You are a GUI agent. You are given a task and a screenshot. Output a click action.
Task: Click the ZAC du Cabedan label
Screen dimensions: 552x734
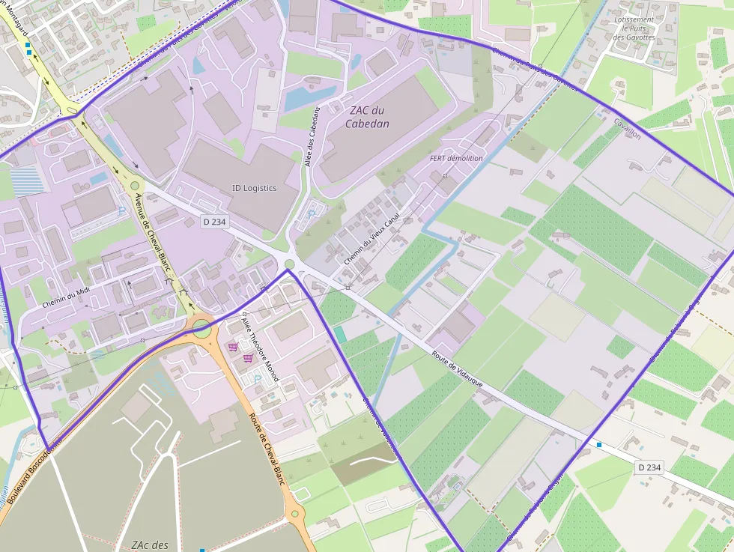pyautogui.click(x=367, y=117)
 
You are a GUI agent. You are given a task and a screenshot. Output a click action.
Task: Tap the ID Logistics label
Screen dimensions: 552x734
pyautogui.click(x=254, y=188)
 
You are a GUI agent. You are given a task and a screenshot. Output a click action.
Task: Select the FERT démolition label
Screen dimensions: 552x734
pyautogui.click(x=456, y=159)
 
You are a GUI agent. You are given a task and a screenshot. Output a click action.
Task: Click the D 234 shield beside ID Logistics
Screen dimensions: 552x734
pyautogui.click(x=214, y=222)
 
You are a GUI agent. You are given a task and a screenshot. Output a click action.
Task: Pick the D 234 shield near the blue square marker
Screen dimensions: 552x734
pyautogui.click(x=649, y=467)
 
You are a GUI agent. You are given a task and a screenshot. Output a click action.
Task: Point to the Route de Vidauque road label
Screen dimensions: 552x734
pyautogui.click(x=456, y=369)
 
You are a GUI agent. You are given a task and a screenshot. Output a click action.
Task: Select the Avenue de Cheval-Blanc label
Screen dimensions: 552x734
pyautogui.click(x=153, y=233)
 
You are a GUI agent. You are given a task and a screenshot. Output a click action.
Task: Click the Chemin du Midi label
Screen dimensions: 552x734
pyautogui.click(x=66, y=298)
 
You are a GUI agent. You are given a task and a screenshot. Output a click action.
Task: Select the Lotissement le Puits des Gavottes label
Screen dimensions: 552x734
pyautogui.click(x=634, y=28)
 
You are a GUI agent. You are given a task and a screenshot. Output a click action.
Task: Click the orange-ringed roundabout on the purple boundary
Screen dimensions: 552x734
pyautogui.click(x=201, y=327)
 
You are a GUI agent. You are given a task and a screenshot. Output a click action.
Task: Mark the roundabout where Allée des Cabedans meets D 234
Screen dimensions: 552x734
pyautogui.click(x=290, y=264)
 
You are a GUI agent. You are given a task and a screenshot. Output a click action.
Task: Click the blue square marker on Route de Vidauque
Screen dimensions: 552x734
pyautogui.click(x=599, y=445)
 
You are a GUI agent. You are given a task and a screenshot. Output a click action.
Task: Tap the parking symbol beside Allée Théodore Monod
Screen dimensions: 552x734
pyautogui.click(x=258, y=380)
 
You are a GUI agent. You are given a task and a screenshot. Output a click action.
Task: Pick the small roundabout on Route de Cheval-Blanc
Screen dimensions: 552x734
pyautogui.click(x=294, y=514)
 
